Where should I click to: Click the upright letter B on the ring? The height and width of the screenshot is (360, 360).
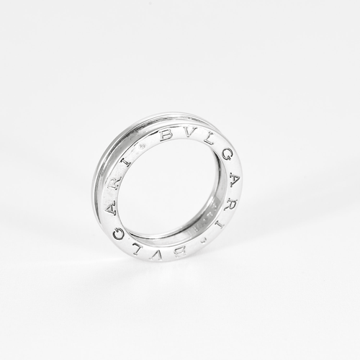tap(166, 134)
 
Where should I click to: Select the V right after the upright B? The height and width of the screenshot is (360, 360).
tap(186, 134)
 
